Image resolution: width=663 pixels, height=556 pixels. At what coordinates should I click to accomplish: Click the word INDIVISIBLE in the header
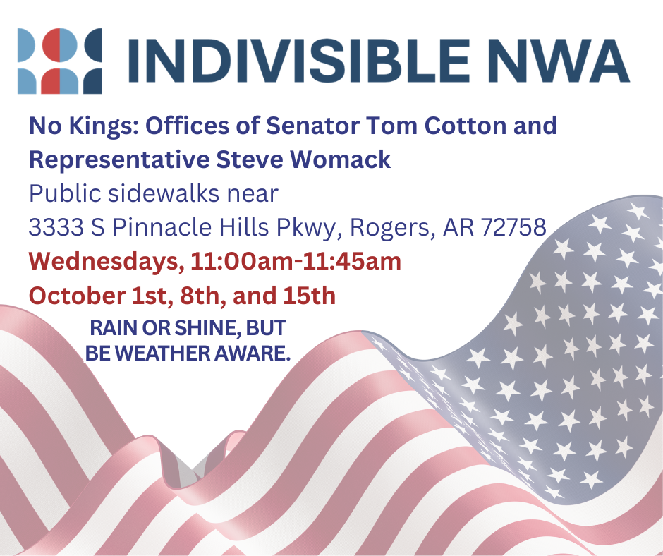[298, 61]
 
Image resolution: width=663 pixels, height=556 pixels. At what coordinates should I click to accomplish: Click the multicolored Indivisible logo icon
[60, 61]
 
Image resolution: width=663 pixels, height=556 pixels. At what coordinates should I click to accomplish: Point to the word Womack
[340, 159]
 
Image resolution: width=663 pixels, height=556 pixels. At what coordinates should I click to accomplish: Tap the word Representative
[119, 160]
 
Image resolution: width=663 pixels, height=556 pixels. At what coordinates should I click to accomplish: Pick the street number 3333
[56, 227]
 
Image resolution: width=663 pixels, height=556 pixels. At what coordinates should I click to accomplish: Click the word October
[77, 296]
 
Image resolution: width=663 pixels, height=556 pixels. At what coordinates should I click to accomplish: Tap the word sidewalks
[164, 194]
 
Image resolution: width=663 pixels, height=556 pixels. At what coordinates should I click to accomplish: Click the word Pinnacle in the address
[162, 227]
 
